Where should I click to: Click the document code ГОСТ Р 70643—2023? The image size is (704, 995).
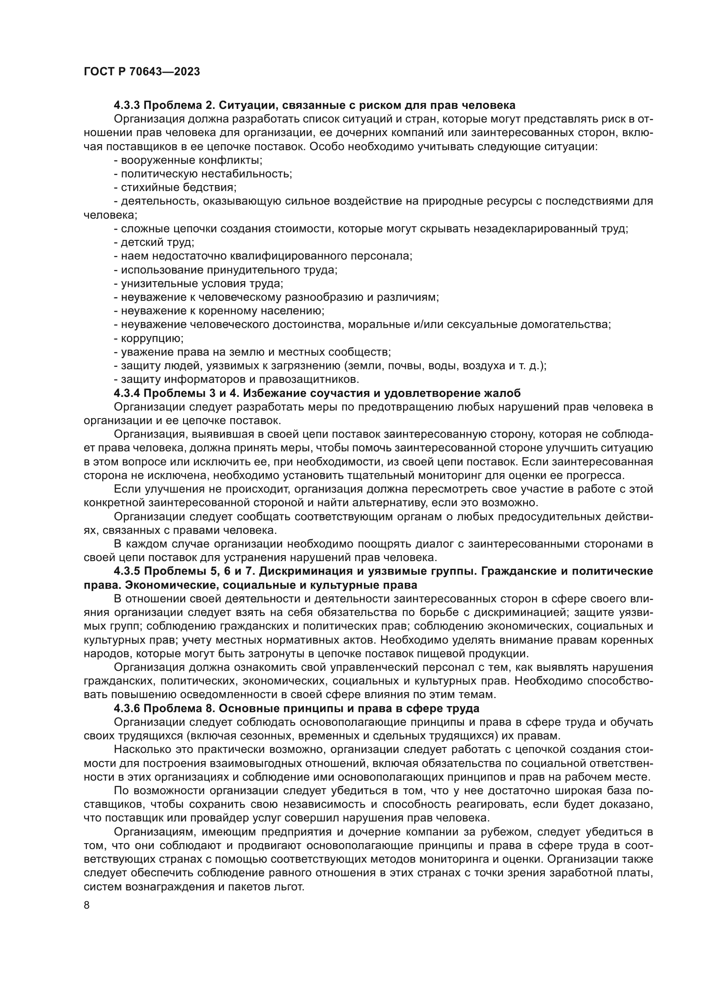[142, 72]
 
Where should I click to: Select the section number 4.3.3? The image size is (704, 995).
[126, 105]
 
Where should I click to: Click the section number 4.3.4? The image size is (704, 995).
[126, 393]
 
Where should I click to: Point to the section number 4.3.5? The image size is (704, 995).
[126, 572]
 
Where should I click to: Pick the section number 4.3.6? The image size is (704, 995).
[126, 709]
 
